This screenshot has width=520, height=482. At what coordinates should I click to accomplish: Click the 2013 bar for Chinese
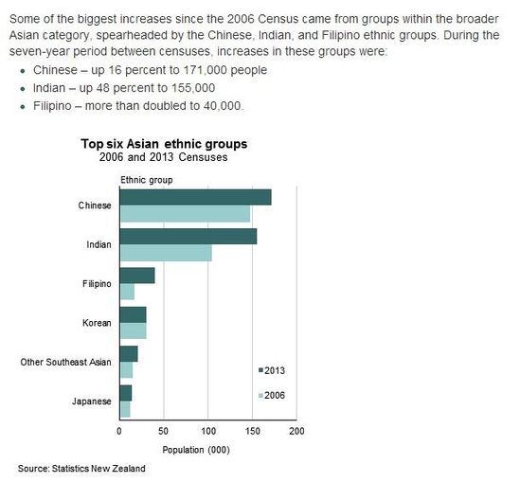(x=196, y=197)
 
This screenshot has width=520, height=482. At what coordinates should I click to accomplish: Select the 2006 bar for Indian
(x=166, y=253)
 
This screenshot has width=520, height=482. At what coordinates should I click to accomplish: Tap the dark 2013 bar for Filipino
(x=137, y=276)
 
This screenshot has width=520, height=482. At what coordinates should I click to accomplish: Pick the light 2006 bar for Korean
(x=133, y=330)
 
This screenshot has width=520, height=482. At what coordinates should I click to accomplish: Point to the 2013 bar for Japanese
(x=126, y=393)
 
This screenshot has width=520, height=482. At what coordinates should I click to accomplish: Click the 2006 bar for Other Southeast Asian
(x=126, y=370)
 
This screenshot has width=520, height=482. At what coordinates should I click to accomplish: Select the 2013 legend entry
(x=272, y=370)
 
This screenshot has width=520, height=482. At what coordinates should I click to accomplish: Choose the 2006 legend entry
(x=272, y=395)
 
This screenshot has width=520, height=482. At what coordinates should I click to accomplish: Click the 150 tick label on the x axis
(x=253, y=431)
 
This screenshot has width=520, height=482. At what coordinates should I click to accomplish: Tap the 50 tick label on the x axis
(x=164, y=431)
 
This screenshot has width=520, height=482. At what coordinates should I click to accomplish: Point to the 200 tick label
(x=296, y=431)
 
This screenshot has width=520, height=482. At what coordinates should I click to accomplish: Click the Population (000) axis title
(x=196, y=450)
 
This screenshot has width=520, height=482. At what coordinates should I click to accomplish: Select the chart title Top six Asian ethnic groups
(x=164, y=144)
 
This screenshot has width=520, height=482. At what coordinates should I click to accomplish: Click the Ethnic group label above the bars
(x=147, y=180)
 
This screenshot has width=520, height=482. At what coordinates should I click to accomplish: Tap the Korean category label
(x=97, y=323)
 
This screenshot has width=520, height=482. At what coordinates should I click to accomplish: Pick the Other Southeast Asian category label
(x=65, y=362)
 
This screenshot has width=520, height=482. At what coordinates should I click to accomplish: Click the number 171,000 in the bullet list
(x=206, y=70)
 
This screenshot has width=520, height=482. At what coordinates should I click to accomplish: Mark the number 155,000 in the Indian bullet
(x=193, y=88)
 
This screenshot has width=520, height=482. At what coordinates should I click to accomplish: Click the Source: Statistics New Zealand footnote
(x=81, y=469)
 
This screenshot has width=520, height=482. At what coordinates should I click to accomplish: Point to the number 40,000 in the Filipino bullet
(x=222, y=106)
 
